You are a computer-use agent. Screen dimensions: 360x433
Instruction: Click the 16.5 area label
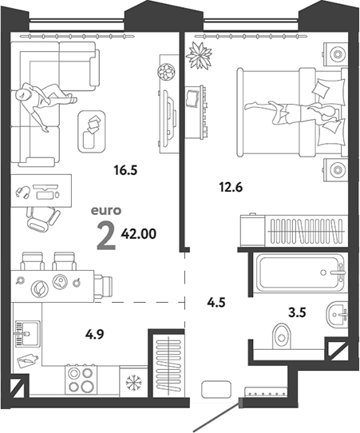126,170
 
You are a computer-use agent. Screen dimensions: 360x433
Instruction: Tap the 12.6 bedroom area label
231,188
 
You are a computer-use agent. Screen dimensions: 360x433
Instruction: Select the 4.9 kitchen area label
95,335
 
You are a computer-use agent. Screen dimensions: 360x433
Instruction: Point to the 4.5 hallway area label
216,303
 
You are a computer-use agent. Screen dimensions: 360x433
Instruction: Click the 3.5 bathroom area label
297,312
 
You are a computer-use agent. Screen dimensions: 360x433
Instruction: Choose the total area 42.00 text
138,234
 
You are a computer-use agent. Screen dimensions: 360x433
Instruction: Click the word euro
106,211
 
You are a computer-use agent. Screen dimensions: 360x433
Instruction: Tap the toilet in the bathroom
282,336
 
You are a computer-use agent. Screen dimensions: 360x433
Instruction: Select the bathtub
300,272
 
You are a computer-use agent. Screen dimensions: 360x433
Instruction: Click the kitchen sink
27,333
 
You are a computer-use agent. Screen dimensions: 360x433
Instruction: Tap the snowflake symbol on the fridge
133,383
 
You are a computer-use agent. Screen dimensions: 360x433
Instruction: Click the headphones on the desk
22,192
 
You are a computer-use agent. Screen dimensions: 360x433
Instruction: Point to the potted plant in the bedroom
199,55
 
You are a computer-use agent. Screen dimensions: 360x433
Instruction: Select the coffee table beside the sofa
92,132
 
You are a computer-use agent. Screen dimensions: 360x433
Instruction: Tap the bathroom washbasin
336,314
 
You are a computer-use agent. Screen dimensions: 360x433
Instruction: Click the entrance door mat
216,390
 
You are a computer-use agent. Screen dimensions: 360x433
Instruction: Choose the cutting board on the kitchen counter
27,360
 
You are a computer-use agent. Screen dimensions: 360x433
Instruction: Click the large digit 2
106,236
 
